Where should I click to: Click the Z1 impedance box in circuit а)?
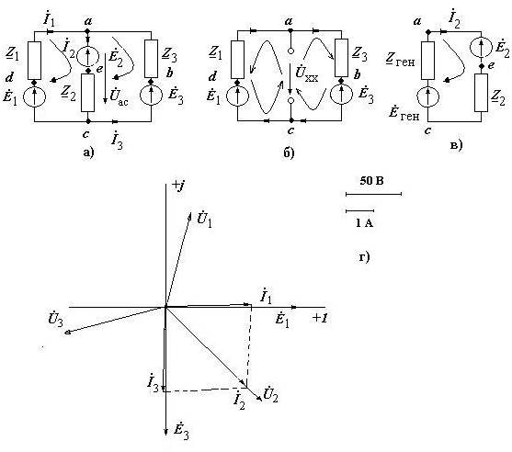[x=34, y=61]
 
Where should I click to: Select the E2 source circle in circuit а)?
[x=87, y=56]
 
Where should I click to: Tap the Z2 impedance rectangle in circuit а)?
[x=87, y=93]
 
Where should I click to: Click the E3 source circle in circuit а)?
[x=151, y=95]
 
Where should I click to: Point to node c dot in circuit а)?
[x=87, y=121]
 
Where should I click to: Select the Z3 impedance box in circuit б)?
[x=342, y=58]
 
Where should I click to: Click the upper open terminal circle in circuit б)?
[x=290, y=51]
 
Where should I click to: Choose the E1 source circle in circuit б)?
[x=237, y=96]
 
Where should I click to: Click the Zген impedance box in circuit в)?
[x=427, y=61]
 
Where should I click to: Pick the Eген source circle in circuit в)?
[x=427, y=96]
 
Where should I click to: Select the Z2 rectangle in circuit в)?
[x=481, y=93]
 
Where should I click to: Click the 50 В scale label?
[x=371, y=180]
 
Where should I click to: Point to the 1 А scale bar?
[x=359, y=210]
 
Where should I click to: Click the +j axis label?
[x=178, y=186]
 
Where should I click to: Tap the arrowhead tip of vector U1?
[x=190, y=212]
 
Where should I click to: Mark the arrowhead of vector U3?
[x=65, y=333]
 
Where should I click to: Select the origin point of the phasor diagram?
[x=165, y=307]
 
